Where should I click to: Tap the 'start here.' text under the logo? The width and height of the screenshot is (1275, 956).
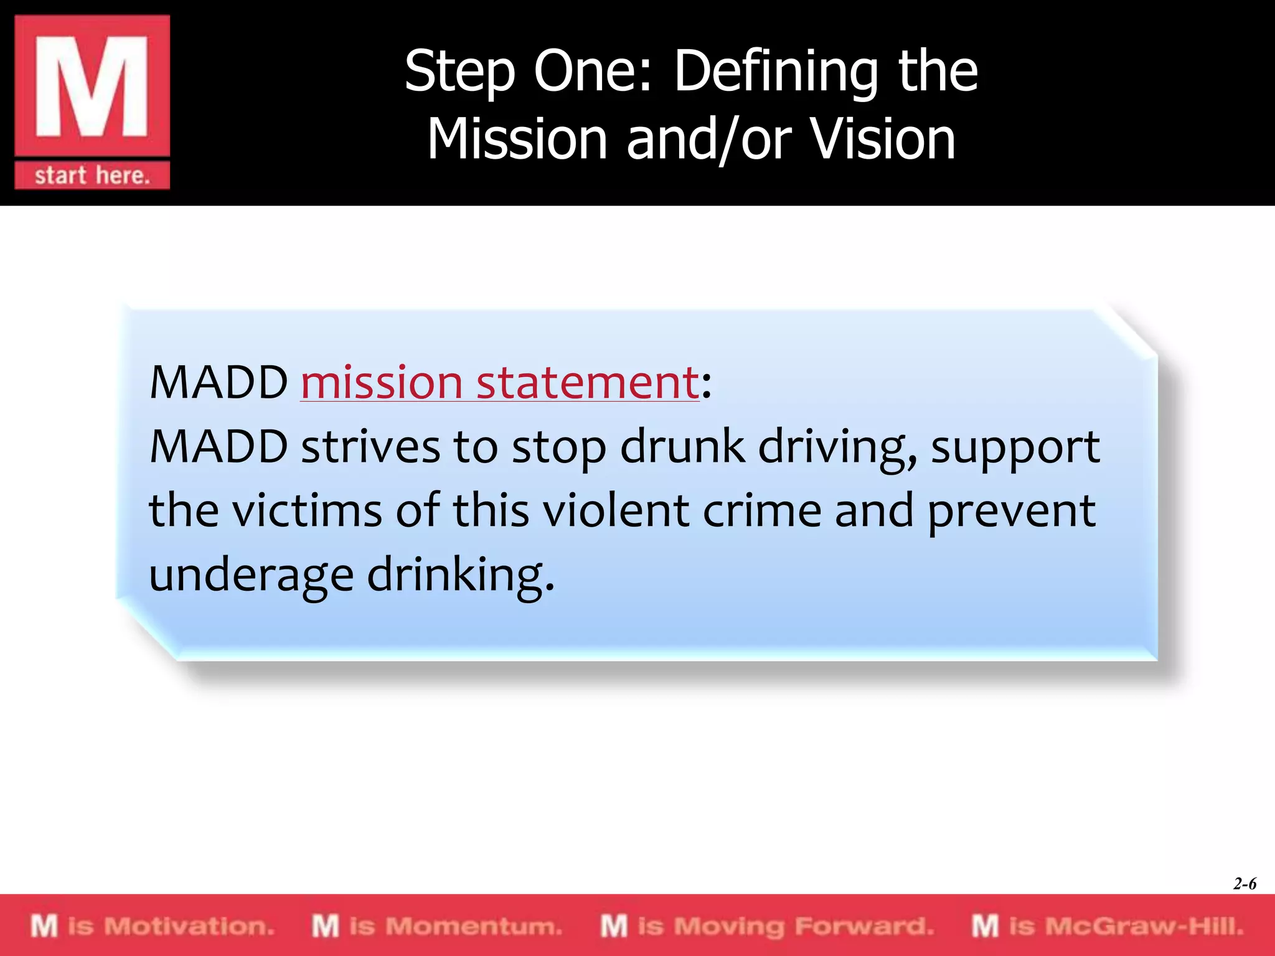pyautogui.click(x=92, y=176)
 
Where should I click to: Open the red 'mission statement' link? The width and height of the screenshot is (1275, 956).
pyautogui.click(x=499, y=382)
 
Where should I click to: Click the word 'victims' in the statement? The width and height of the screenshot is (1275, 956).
pyautogui.click(x=308, y=510)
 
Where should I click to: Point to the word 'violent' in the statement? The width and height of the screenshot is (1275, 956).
pyautogui.click(x=616, y=510)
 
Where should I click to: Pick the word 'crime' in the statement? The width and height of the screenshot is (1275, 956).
pyautogui.click(x=762, y=510)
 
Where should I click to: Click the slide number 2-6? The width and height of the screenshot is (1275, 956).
pyautogui.click(x=1244, y=884)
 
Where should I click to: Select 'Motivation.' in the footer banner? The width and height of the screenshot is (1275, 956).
pyautogui.click(x=189, y=926)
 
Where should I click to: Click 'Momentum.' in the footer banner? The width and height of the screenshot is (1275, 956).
pyautogui.click(x=474, y=926)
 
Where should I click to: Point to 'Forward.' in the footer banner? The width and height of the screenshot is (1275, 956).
pyautogui.click(x=865, y=926)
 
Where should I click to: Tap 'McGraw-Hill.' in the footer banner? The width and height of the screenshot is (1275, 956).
pyautogui.click(x=1144, y=926)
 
